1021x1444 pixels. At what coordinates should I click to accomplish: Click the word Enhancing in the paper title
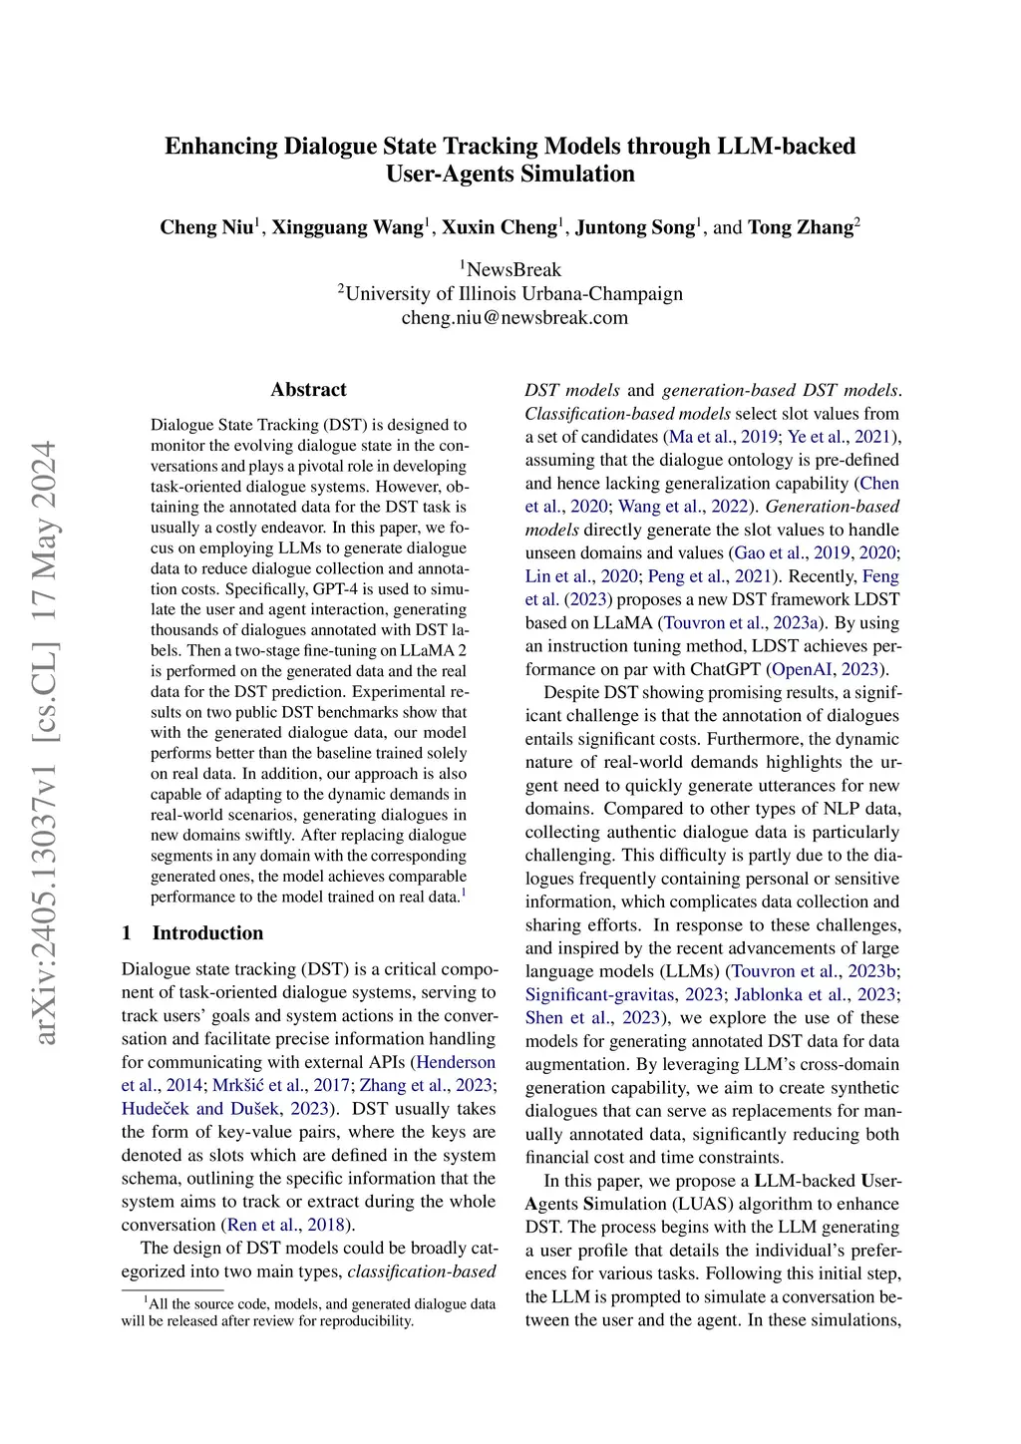[220, 147]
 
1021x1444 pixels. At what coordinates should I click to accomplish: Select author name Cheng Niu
[206, 227]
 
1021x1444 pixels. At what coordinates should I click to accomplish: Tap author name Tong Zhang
[801, 227]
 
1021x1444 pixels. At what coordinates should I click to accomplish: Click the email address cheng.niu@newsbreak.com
[514, 318]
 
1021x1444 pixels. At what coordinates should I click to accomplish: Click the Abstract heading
[308, 390]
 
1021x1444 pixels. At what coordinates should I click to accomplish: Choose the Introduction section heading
[207, 933]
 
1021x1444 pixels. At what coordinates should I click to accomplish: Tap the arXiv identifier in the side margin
[45, 742]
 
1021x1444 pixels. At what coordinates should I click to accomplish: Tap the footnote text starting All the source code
[308, 1312]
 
